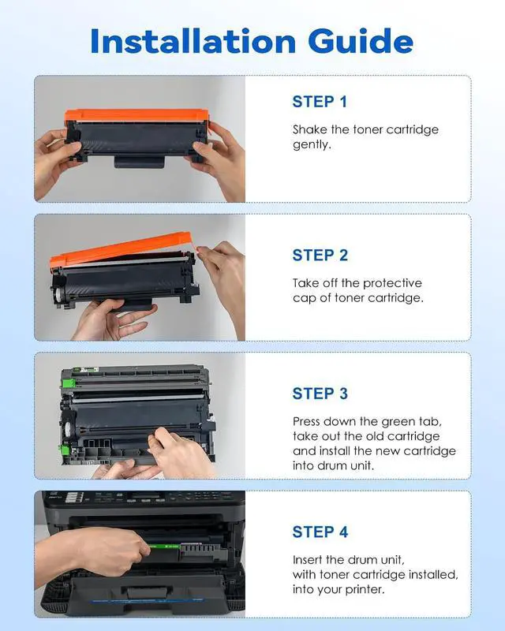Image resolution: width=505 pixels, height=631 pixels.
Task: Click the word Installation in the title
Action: pos(193,41)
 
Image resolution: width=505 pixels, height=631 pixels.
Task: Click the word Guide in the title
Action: pos(361,41)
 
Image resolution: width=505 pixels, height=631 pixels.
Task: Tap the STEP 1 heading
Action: pos(320,102)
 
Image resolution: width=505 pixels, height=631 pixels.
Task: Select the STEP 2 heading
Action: pos(320,255)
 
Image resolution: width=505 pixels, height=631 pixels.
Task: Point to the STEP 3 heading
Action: pos(320,394)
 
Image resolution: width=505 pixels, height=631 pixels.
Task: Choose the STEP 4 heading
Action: pos(320,532)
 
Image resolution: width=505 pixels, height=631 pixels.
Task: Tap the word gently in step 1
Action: pos(312,145)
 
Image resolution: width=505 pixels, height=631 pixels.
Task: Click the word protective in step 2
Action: pos(394,283)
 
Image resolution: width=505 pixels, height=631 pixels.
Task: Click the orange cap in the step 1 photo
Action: pos(137,116)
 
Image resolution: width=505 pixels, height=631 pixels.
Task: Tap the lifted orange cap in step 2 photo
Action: pos(121,249)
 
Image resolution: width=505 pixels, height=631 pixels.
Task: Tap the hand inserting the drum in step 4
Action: pos(92,554)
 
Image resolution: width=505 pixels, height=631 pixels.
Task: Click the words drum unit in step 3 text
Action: pos(345,466)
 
